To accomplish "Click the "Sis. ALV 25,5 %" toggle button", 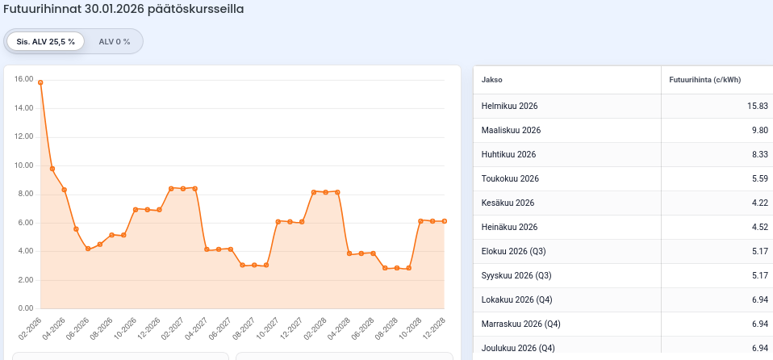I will (45, 41).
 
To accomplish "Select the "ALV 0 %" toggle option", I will (114, 41).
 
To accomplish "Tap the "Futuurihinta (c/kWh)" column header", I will (704, 80).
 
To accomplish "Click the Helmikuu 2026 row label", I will (509, 106).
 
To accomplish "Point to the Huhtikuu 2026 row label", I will (508, 154).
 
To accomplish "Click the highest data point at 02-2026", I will (40, 82).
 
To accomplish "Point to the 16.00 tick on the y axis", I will (23, 79).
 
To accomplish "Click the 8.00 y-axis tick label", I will (25, 194).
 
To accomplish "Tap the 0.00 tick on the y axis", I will (25, 308).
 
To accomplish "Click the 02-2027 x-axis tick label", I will (172, 329).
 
